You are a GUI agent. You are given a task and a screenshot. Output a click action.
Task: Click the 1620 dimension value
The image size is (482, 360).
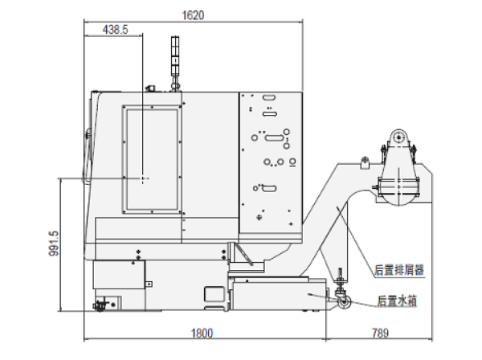pyautogui.click(x=193, y=15)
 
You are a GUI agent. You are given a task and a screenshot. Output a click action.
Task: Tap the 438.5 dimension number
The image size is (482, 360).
pyautogui.click(x=115, y=30)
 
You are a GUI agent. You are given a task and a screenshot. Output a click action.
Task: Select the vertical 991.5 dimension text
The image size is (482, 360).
pyautogui.click(x=54, y=243)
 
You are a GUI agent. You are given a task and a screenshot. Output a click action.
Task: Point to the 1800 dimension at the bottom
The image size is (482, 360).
pyautogui.click(x=202, y=333)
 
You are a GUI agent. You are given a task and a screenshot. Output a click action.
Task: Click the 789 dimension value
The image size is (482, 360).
pyautogui.click(x=380, y=333)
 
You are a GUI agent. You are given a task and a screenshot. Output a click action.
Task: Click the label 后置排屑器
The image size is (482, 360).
pyautogui.click(x=399, y=270)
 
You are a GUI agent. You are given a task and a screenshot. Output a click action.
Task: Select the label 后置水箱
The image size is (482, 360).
pyautogui.click(x=397, y=301)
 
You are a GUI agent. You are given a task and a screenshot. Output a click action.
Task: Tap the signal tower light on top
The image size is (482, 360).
pyautogui.click(x=175, y=56)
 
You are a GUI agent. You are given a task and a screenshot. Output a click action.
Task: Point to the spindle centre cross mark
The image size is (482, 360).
pyautogui.click(x=143, y=178)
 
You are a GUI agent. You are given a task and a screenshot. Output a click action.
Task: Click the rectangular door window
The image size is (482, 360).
pyautogui.click(x=152, y=160)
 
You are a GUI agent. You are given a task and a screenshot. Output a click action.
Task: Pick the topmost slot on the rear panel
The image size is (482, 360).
pyautogui.click(x=269, y=98)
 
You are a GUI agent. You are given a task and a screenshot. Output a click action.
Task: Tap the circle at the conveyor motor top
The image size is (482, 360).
pyautogui.click(x=399, y=137)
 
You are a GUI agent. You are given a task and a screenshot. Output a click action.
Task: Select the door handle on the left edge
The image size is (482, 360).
pyautogui.click(x=87, y=157)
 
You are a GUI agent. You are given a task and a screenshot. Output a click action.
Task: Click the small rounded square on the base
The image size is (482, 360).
pyautogui.click(x=214, y=294)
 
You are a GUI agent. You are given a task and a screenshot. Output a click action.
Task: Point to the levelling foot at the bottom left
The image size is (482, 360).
pyautogui.click(x=100, y=305)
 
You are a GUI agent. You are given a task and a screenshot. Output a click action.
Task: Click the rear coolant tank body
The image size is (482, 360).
pyautogui.click(x=279, y=296)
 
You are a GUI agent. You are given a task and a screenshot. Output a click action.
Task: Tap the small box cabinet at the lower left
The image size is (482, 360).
pyautogui.click(x=119, y=274)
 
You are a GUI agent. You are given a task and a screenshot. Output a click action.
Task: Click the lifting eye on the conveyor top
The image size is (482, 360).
pyautogui.click(x=365, y=162)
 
